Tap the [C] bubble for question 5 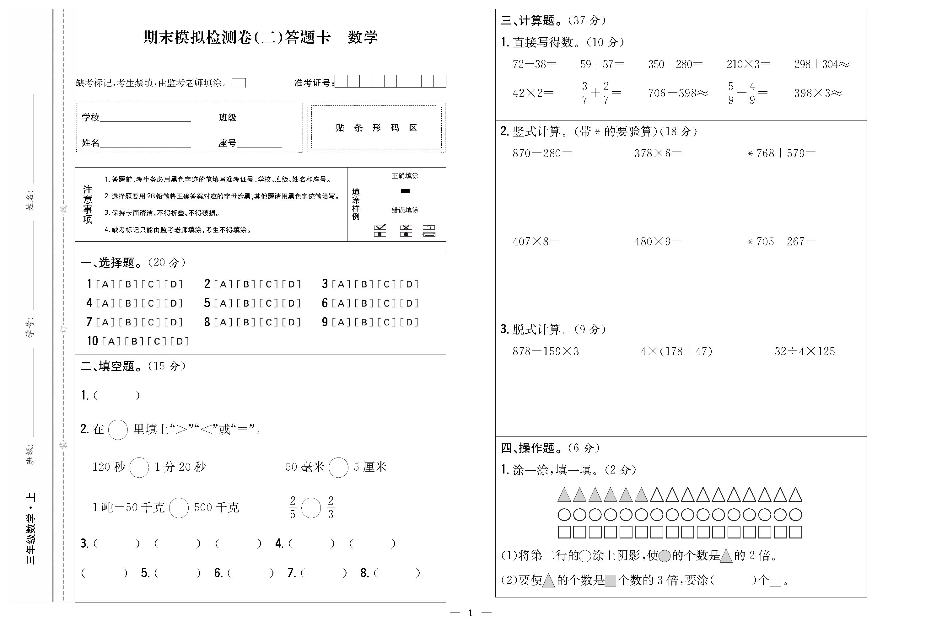[x=268, y=303]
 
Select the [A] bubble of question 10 [x=111, y=341]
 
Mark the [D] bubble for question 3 [x=409, y=284]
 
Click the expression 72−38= [x=534, y=64]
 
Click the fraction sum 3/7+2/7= [x=600, y=93]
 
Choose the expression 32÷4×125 [x=804, y=351]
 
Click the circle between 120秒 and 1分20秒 [x=139, y=468]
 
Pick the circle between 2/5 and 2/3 [x=311, y=508]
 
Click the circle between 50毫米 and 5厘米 [x=338, y=468]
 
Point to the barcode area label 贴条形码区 [x=376, y=128]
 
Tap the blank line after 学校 [x=145, y=118]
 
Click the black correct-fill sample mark [x=405, y=191]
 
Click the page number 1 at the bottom [x=471, y=613]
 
